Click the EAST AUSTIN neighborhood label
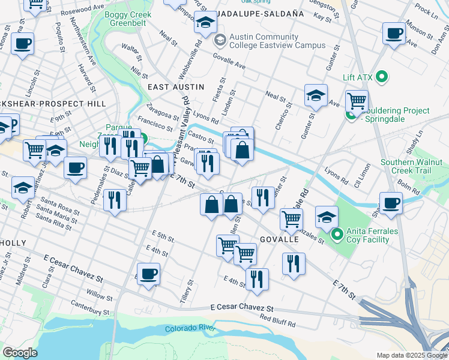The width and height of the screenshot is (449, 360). pyautogui.click(x=172, y=87)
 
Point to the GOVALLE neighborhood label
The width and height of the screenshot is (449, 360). pyautogui.click(x=280, y=238)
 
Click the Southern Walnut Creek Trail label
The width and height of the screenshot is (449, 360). pyautogui.click(x=411, y=167)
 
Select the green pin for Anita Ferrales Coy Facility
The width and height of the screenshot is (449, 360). pyautogui.click(x=338, y=233)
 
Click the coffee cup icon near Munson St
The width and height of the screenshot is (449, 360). pyautogui.click(x=394, y=34)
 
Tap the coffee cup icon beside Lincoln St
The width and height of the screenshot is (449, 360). pyautogui.click(x=22, y=44)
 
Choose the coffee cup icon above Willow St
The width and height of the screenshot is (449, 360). pyautogui.click(x=148, y=274)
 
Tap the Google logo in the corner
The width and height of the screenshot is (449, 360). pyautogui.click(x=20, y=353)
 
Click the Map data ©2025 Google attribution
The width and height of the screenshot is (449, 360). pyautogui.click(x=411, y=355)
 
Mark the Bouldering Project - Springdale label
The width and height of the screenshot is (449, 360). pyautogui.click(x=396, y=115)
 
